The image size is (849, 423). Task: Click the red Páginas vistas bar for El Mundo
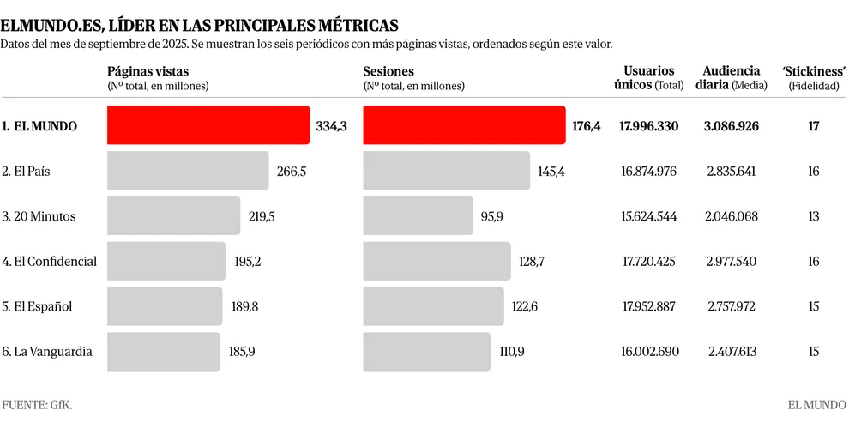(208, 125)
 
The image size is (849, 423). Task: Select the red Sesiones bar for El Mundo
(464, 125)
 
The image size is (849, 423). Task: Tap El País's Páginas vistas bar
(188, 171)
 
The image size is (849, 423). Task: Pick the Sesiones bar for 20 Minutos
(418, 216)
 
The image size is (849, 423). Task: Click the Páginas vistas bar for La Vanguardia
(164, 351)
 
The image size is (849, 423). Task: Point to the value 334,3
(331, 126)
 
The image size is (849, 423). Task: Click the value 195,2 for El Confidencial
(247, 261)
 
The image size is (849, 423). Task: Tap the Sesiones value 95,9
(492, 216)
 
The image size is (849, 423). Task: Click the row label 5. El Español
(37, 306)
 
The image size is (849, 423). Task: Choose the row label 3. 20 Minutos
(39, 216)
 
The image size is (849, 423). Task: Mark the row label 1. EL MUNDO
(39, 126)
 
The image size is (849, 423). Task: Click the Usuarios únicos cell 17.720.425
(648, 261)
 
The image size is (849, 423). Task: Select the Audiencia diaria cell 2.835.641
(732, 171)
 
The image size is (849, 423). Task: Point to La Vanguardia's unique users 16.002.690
(648, 351)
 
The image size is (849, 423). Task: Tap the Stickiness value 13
(813, 216)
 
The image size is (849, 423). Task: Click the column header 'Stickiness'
(814, 71)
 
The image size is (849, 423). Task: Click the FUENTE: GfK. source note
(37, 404)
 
